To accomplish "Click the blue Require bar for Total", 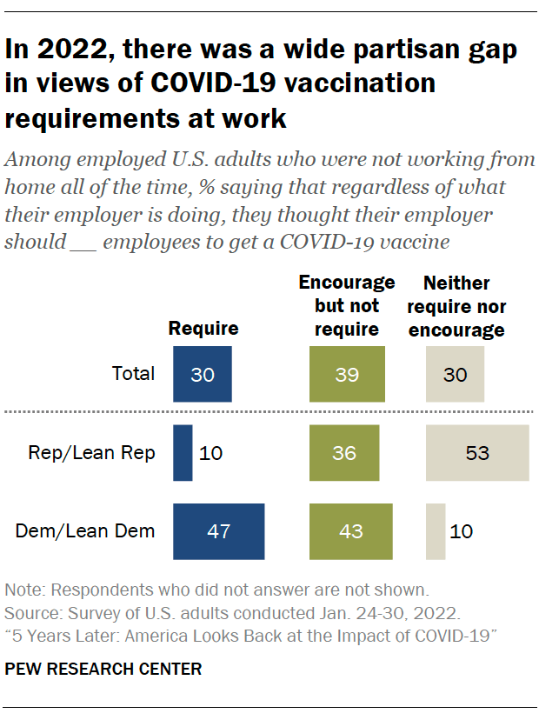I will tap(203, 374).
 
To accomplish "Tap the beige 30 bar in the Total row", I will tap(455, 374).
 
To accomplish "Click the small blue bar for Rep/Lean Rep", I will tap(183, 452).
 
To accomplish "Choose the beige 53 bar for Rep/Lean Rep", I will tap(476, 452).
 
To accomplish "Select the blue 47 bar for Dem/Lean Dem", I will tap(219, 530).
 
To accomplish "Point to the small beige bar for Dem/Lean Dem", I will tap(436, 530).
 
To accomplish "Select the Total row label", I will tap(133, 374).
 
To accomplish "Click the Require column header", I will tap(203, 328).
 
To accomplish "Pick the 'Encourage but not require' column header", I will tap(346, 305).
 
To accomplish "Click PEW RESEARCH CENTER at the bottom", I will tap(103, 669).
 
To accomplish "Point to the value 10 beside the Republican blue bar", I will tap(211, 452).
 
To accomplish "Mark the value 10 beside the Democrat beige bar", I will tap(462, 530).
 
